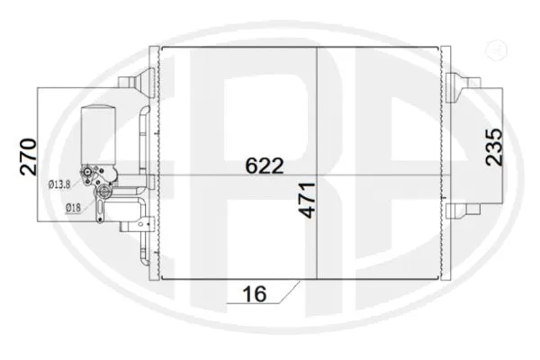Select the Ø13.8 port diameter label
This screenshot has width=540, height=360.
pos(59,185)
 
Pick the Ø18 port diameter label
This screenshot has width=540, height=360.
pos(75,209)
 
